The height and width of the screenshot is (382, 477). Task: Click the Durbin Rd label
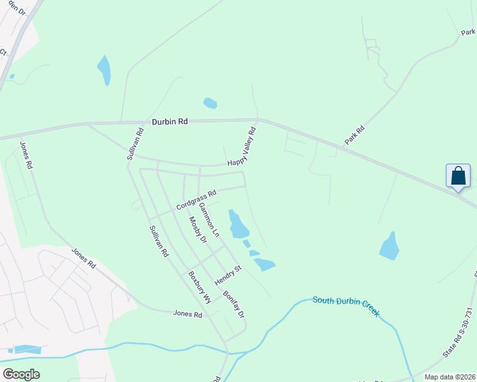(170, 121)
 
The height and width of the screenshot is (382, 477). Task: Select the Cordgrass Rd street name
(196, 200)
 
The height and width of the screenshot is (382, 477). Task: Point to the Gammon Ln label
(209, 220)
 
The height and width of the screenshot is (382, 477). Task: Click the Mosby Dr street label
(198, 230)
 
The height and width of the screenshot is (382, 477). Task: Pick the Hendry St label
(228, 274)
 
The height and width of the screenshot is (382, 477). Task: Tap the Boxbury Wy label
(199, 287)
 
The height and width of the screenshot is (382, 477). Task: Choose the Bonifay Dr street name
(233, 305)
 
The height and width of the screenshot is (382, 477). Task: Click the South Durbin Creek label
(346, 305)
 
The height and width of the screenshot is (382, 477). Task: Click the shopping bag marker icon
(458, 175)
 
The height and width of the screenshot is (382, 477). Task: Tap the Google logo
(21, 374)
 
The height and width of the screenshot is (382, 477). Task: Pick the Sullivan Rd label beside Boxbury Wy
(158, 241)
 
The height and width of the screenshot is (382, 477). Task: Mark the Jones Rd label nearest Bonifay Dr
(188, 314)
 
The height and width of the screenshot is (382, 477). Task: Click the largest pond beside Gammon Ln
(237, 223)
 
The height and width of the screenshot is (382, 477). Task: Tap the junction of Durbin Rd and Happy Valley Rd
(258, 120)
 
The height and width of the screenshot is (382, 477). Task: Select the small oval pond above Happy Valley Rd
(210, 103)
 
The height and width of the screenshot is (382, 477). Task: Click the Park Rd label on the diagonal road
(355, 135)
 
